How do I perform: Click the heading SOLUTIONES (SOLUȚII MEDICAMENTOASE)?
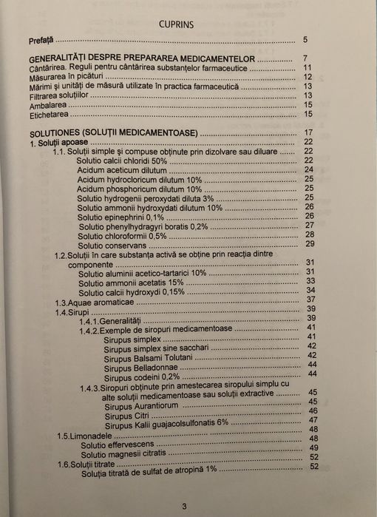pyautogui.click(x=113, y=135)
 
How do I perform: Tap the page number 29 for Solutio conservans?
pyautogui.click(x=310, y=244)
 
